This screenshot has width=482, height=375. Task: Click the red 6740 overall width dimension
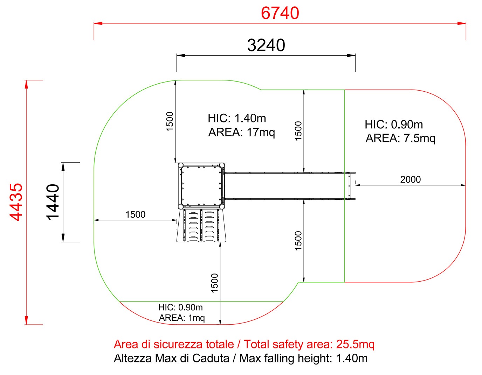[280, 13]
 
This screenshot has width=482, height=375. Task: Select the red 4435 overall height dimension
[16, 202]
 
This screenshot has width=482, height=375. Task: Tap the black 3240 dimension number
[266, 45]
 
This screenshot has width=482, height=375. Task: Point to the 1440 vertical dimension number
[53, 202]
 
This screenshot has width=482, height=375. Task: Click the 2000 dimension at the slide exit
[410, 179]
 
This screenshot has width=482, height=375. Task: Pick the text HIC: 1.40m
[237, 118]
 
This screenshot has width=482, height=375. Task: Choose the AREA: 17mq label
[242, 132]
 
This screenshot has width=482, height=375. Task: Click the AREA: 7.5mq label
[400, 138]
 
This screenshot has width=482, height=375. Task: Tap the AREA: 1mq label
[182, 318]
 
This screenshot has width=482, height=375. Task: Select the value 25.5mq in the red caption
[355, 344]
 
